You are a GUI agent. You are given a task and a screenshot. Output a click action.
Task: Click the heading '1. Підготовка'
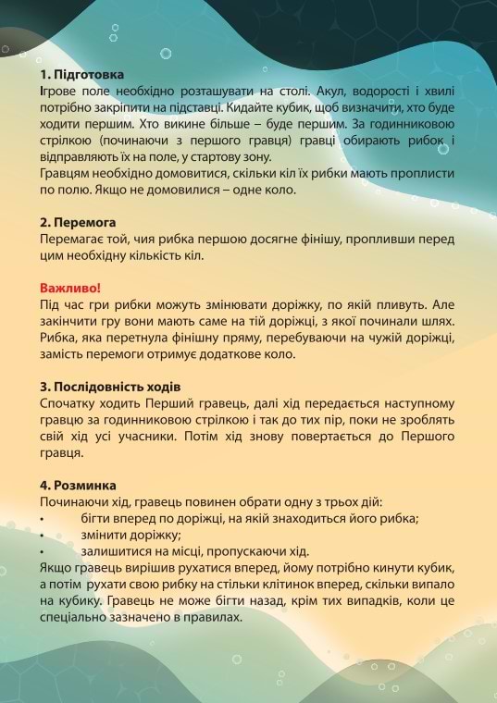point(81,73)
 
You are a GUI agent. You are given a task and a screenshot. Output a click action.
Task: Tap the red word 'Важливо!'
point(69,287)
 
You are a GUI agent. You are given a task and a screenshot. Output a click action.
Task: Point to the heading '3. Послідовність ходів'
point(110,385)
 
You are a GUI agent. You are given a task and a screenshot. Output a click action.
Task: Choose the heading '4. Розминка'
point(78,486)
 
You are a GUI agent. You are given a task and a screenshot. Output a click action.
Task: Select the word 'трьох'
point(336,501)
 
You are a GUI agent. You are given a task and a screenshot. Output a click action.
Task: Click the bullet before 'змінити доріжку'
point(43,536)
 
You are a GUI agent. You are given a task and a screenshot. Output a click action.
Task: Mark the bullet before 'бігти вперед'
point(43,519)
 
